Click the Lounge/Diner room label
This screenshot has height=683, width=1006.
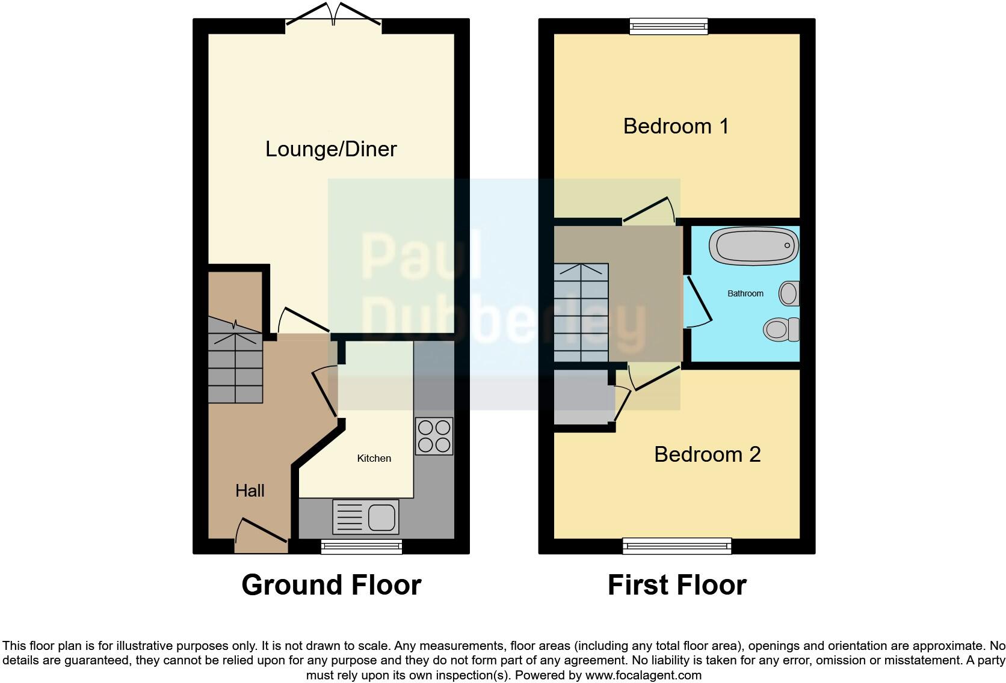pyautogui.click(x=331, y=149)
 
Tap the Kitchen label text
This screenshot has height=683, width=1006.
pyautogui.click(x=374, y=458)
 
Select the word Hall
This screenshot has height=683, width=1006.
pyautogui.click(x=250, y=491)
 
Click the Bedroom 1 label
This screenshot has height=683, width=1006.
pyautogui.click(x=676, y=126)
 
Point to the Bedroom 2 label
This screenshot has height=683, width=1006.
pyautogui.click(x=707, y=454)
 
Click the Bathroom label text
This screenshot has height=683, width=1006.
pyautogui.click(x=745, y=293)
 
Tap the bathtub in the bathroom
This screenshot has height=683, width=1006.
pyautogui.click(x=753, y=246)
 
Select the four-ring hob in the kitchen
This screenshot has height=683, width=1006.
pyautogui.click(x=434, y=436)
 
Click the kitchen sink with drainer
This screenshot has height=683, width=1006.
pyautogui.click(x=365, y=517)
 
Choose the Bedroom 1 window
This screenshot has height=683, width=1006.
pyautogui.click(x=668, y=26)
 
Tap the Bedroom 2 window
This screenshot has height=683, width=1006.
pyautogui.click(x=677, y=546)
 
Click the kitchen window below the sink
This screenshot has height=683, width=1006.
pyautogui.click(x=361, y=546)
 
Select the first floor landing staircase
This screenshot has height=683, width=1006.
pyautogui.click(x=581, y=313)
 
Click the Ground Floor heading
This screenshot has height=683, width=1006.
pyautogui.click(x=331, y=585)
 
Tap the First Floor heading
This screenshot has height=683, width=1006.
pyautogui.click(x=677, y=585)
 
